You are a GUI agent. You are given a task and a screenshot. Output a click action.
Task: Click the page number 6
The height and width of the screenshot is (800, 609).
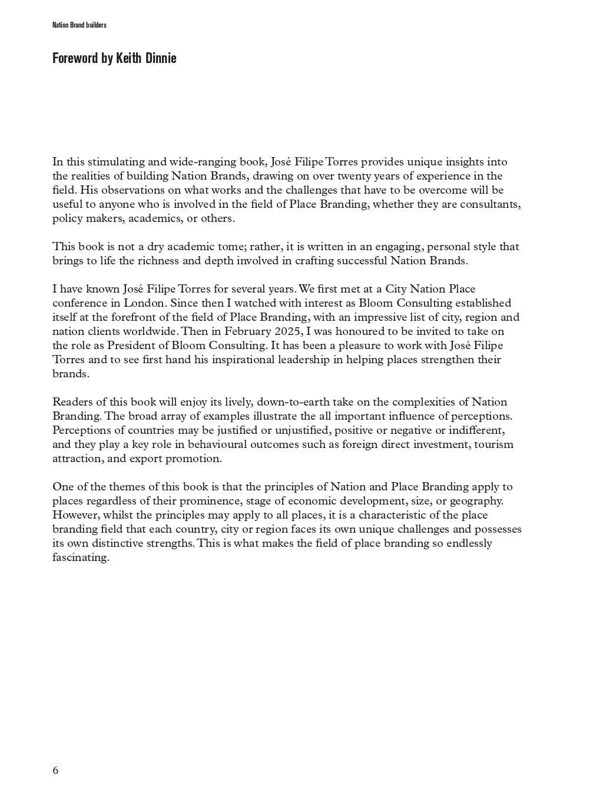55,771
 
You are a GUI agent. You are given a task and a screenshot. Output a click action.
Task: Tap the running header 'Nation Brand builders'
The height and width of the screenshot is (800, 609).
79,25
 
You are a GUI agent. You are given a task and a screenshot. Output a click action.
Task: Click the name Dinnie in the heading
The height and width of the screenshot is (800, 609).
158,58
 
